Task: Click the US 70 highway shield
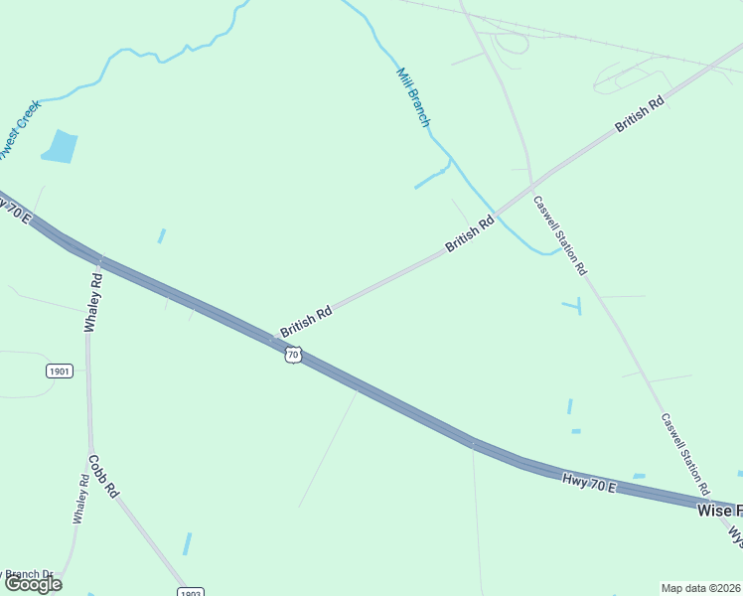pyautogui.click(x=292, y=355)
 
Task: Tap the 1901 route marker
pyautogui.click(x=59, y=371)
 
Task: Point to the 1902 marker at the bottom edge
pyautogui.click(x=192, y=592)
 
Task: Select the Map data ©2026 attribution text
pyautogui.click(x=701, y=588)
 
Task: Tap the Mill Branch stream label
pyautogui.click(x=414, y=97)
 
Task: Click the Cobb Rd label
pyautogui.click(x=103, y=476)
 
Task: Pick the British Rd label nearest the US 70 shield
pyautogui.click(x=305, y=320)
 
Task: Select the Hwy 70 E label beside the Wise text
pyautogui.click(x=589, y=484)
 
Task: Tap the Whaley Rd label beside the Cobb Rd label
pyautogui.click(x=79, y=497)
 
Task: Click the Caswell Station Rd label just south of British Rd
pyautogui.click(x=560, y=235)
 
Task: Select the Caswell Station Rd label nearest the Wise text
pyautogui.click(x=685, y=454)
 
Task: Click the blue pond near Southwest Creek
pyautogui.click(x=61, y=146)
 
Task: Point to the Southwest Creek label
pyautogui.click(x=18, y=129)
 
